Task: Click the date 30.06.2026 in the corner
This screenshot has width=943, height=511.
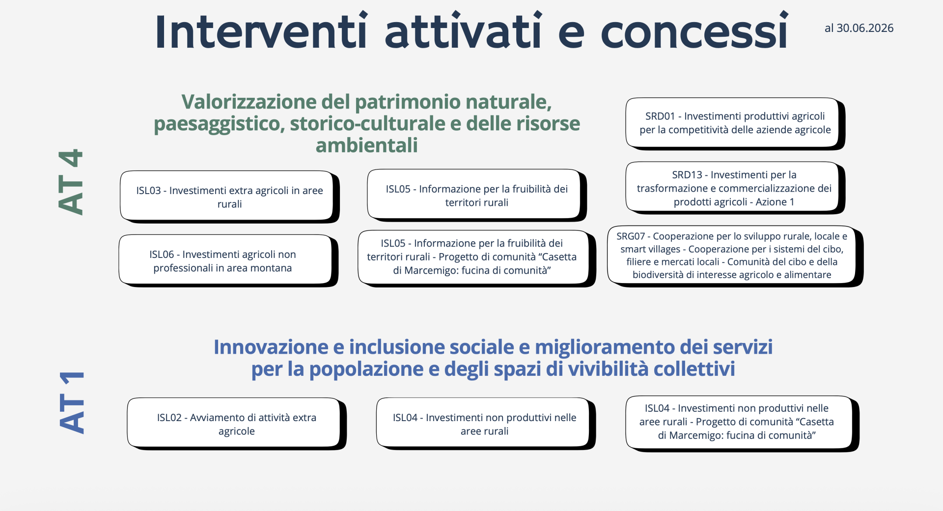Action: (865, 28)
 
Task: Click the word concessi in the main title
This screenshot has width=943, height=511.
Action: (694, 31)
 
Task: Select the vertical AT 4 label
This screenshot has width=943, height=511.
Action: (70, 182)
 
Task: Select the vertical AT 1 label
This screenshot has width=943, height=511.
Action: (72, 402)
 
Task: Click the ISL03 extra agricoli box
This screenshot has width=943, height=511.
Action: (230, 197)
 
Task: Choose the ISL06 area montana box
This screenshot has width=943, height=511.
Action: (228, 261)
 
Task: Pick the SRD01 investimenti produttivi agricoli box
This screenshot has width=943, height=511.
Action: (735, 123)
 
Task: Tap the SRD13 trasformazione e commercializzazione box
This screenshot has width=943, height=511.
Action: (735, 188)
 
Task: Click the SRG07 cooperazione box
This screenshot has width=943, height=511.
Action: (735, 256)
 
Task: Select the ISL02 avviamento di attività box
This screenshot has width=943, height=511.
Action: (237, 424)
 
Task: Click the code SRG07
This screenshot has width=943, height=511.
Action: (631, 236)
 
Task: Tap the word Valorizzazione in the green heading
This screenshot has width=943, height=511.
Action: (249, 102)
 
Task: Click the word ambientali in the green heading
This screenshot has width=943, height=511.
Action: (367, 145)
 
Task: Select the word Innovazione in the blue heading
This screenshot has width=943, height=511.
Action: (271, 347)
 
